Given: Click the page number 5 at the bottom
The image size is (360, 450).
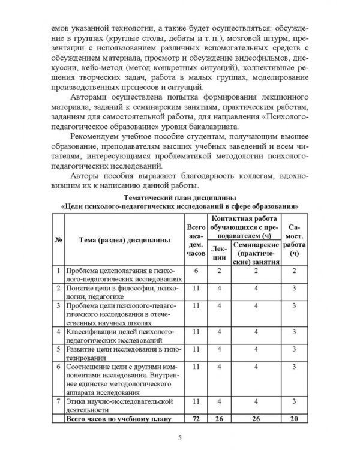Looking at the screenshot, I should (179, 436).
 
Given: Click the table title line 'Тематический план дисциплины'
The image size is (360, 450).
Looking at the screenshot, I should (180, 197).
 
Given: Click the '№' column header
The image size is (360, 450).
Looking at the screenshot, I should (59, 240).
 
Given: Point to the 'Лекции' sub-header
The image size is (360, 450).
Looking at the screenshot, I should (219, 253).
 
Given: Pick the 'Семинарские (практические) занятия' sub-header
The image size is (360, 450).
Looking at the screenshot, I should (256, 253).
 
